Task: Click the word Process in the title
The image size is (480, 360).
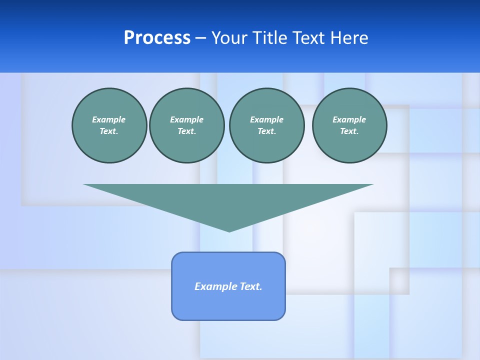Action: coord(157,38)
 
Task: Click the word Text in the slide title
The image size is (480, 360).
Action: coord(311,38)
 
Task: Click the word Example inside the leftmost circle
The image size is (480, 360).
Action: coord(109,119)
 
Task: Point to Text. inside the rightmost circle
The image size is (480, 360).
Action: coord(349,131)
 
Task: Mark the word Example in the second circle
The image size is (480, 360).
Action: coord(187,119)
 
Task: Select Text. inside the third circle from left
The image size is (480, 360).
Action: coord(267,131)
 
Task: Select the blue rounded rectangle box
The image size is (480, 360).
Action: coord(228,305)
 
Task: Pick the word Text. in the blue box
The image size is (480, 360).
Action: coord(251,286)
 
